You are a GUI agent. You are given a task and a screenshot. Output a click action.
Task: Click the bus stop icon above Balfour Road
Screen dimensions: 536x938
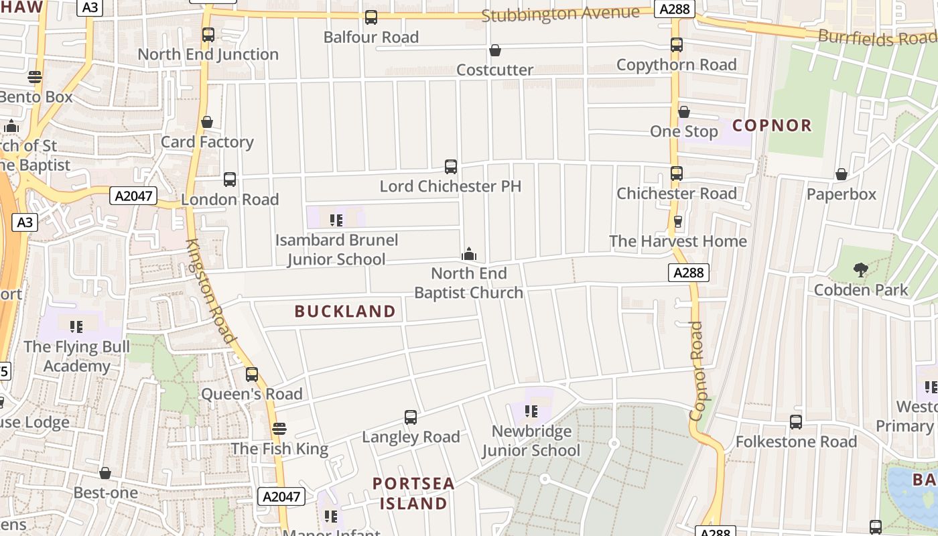(371, 17)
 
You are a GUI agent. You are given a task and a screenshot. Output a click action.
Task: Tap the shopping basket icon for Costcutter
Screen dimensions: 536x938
(495, 50)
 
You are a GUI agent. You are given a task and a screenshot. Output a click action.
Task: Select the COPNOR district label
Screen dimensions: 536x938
(772, 125)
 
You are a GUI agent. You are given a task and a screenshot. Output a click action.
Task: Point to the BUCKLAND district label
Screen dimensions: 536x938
(345, 311)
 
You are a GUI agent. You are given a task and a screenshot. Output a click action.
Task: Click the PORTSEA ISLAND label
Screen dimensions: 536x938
(413, 493)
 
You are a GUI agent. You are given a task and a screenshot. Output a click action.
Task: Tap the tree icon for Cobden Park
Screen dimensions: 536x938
(861, 270)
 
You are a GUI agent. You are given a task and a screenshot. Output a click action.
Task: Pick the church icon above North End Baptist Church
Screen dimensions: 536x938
(469, 254)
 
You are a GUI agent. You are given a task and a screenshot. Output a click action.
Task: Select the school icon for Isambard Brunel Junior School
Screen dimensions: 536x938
(336, 220)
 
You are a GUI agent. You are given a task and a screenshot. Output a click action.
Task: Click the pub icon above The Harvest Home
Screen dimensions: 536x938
(677, 222)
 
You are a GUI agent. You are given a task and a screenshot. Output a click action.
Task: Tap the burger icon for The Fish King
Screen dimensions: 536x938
(279, 429)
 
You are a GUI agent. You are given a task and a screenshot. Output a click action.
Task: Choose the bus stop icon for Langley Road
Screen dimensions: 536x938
(411, 417)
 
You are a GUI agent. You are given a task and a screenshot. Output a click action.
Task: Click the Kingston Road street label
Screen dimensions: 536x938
(210, 291)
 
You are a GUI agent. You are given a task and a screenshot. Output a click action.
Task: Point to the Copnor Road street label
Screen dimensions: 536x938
(697, 371)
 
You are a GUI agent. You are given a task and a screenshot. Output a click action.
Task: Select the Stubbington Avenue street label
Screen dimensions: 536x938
(560, 13)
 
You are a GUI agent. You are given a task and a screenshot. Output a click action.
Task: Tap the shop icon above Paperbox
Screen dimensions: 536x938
(842, 175)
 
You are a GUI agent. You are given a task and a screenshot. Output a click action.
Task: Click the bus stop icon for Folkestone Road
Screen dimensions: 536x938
(796, 422)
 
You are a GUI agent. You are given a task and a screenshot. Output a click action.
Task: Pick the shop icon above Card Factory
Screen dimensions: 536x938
(207, 123)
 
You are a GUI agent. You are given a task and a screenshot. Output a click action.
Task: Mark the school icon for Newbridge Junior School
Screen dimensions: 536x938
(531, 411)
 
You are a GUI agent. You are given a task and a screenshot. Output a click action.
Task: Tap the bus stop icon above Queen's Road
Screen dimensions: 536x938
(252, 375)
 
